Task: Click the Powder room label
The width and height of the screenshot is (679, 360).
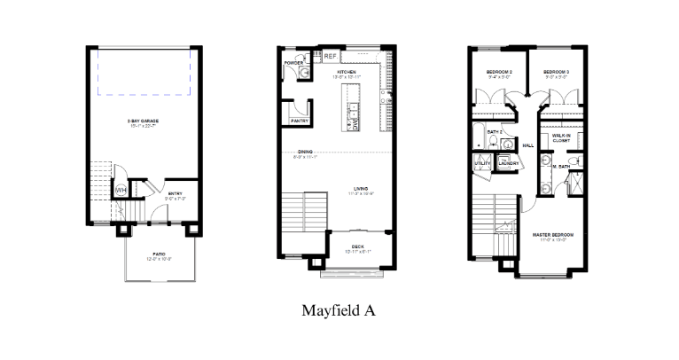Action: (295, 63)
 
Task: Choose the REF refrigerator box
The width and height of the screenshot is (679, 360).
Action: (330, 57)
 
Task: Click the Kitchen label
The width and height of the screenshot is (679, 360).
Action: (347, 72)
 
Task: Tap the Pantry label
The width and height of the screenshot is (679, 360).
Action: (298, 121)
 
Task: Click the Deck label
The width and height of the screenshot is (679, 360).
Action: (358, 247)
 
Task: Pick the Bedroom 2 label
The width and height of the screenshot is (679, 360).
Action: (500, 72)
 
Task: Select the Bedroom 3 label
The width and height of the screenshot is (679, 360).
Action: (556, 72)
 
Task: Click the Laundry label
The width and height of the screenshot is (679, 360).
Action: (508, 163)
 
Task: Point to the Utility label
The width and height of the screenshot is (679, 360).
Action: (483, 163)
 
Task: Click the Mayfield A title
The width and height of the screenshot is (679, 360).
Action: (339, 310)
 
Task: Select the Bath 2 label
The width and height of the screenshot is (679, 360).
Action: (496, 132)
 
